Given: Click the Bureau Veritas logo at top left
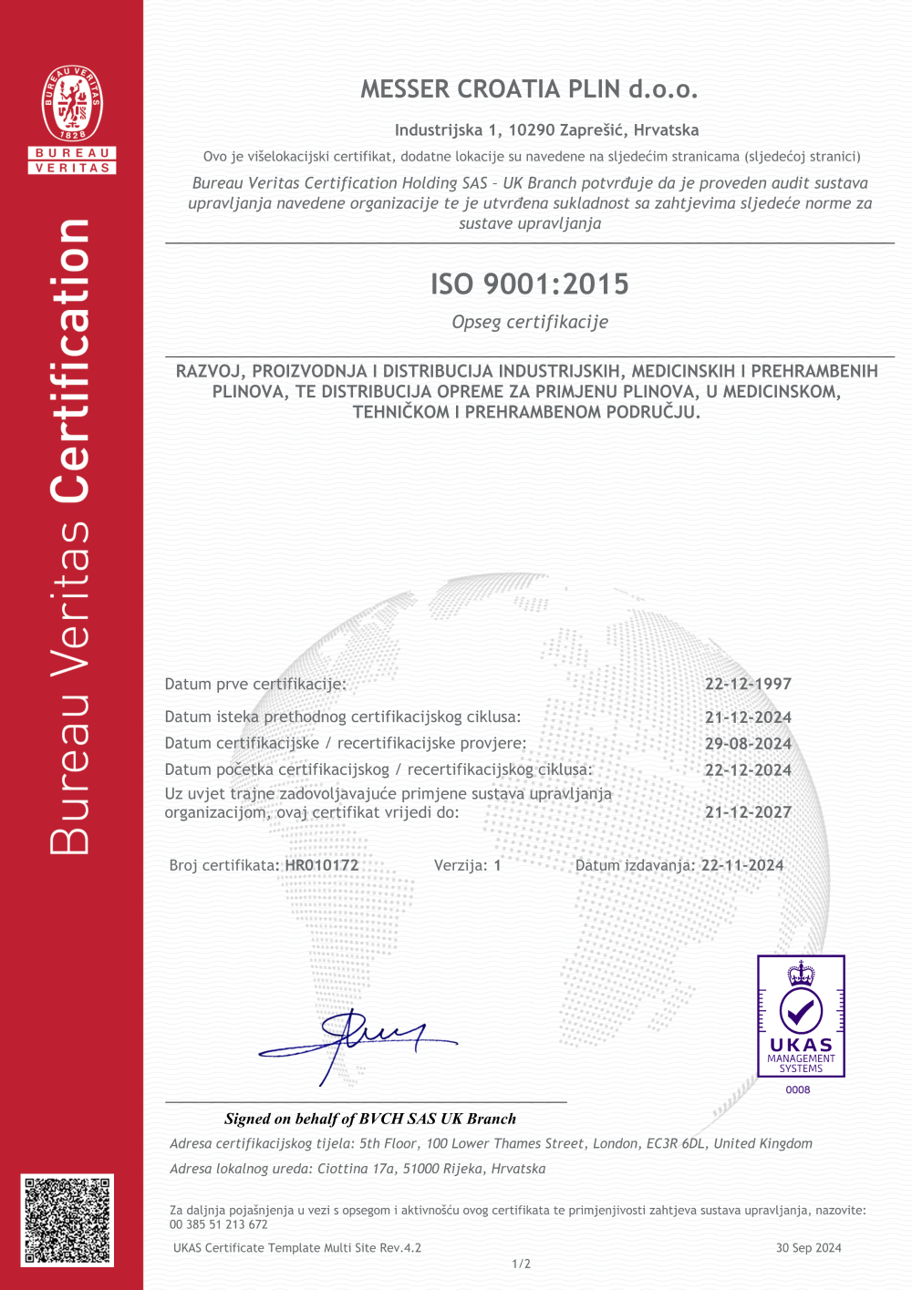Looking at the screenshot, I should click(x=72, y=119).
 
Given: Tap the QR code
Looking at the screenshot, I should click(x=67, y=1220).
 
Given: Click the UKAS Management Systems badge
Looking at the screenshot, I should click(x=801, y=1016).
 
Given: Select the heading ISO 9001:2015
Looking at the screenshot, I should click(x=530, y=284).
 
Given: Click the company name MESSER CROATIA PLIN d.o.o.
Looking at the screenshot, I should click(x=529, y=89).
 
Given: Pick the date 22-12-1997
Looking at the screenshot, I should click(x=748, y=684).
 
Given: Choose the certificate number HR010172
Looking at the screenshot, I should click(x=322, y=865).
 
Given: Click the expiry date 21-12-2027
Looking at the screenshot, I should click(x=748, y=812).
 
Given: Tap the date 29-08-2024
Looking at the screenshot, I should click(x=748, y=744).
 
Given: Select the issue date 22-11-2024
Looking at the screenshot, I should click(x=742, y=865).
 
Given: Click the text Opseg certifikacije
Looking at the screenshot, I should click(x=530, y=322).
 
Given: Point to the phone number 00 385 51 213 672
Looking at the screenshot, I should click(x=219, y=1224).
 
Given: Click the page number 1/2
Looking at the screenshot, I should click(x=521, y=1264).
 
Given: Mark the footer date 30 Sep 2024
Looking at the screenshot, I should click(x=808, y=1248).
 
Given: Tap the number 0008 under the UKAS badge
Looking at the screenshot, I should click(x=798, y=1089).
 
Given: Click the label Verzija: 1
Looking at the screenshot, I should click(x=467, y=865).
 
